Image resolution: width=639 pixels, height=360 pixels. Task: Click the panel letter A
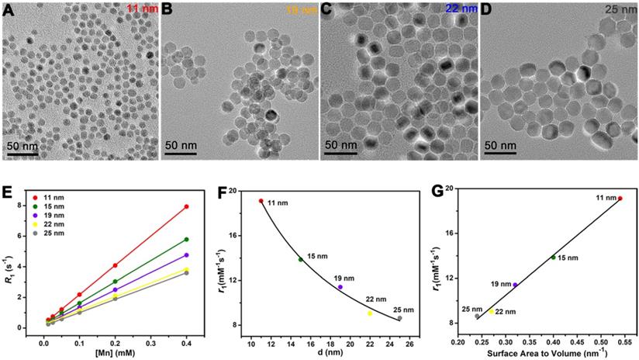(9, 10)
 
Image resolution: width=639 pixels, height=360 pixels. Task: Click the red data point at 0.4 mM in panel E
(187, 206)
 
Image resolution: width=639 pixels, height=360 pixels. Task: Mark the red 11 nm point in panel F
(261, 201)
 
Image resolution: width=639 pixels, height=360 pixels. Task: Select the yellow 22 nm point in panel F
(370, 313)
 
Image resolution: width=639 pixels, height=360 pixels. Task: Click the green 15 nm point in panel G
(553, 258)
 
